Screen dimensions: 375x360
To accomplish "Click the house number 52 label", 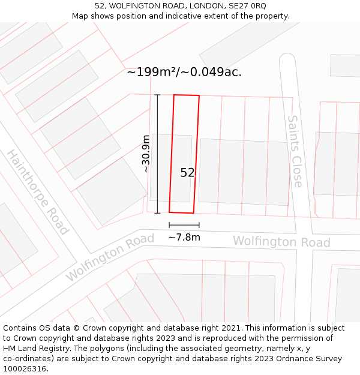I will pos(187,173).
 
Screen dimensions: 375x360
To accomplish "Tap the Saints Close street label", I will pos(295,151).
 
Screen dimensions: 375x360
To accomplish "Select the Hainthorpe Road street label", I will pos(38,192).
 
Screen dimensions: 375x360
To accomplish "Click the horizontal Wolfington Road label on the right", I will pos(281,242).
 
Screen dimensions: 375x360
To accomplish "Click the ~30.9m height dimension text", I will pos(146,154).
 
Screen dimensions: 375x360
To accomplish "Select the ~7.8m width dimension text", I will pos(184,237).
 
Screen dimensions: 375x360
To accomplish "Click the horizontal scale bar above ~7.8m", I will pos(184,225).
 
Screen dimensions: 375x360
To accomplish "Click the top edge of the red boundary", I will pos(186,95).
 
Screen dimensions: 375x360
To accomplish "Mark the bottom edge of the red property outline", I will pos(181,212).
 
